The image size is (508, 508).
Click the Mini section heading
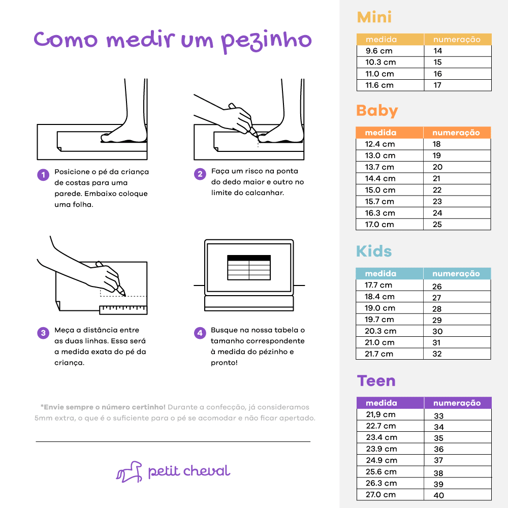click(374, 17)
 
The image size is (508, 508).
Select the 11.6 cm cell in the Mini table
click(390, 85)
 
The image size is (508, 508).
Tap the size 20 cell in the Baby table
click(457, 167)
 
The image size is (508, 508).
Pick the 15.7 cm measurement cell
click(390, 202)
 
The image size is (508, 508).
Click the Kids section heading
click(374, 251)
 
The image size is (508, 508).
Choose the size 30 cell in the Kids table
click(457, 331)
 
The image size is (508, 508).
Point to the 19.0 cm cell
click(390, 308)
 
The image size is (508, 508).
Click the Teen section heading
click(376, 380)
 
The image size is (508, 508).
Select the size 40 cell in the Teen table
click(458, 495)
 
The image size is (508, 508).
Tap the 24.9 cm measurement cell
click(390, 460)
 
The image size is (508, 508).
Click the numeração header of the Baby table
click(457, 133)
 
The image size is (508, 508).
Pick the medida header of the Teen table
click(390, 403)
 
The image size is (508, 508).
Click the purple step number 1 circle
click(43, 175)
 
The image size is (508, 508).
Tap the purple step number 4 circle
click(200, 333)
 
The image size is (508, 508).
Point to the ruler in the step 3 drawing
click(123, 310)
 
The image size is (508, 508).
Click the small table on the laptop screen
click(249, 268)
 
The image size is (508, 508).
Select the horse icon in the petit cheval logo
click(129, 472)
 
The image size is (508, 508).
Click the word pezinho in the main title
click(266, 42)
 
